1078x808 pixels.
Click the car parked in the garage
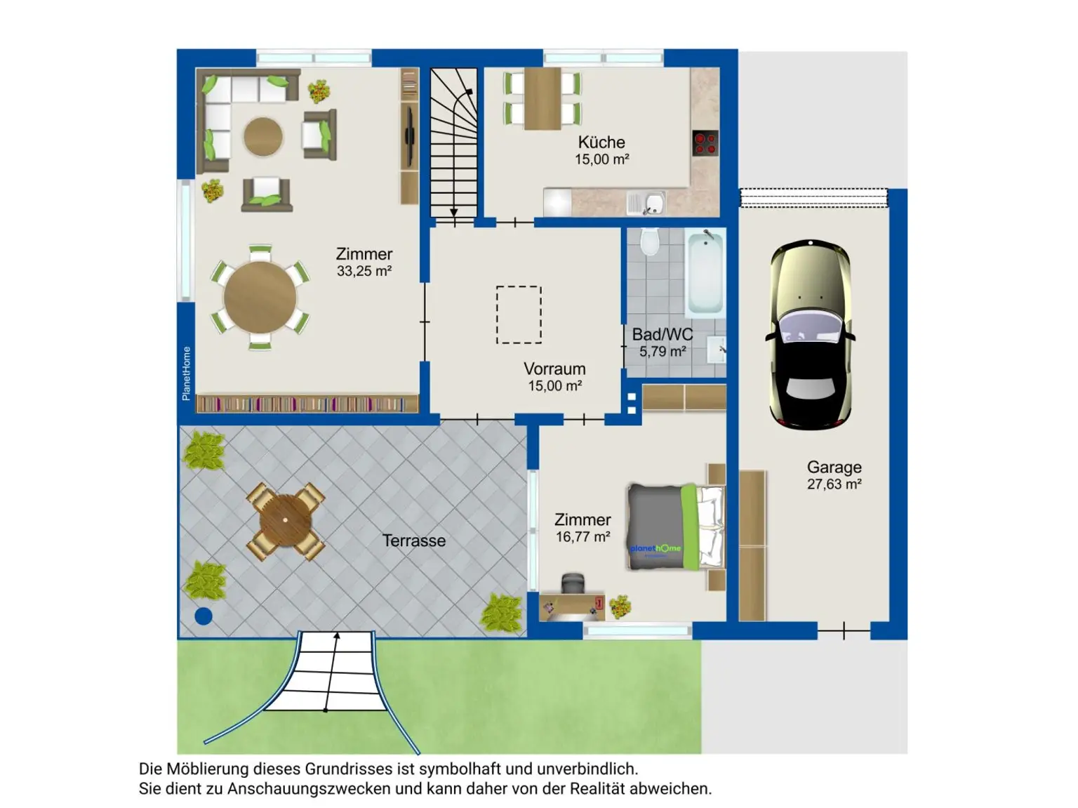811,335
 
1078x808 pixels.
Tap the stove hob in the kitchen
705,143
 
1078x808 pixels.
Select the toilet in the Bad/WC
650,241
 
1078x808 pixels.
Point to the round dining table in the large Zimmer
260,297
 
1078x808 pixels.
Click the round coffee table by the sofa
263,136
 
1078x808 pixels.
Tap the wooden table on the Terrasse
286,521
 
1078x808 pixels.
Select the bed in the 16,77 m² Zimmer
676,527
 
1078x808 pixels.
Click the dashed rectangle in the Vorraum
519,315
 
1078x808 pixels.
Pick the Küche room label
601,143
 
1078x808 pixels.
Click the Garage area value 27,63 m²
834,484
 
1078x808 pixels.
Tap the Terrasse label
414,541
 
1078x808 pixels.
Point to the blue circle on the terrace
204,616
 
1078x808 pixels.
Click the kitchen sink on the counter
646,204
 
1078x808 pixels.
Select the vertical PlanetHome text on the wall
186,373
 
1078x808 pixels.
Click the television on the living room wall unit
408,136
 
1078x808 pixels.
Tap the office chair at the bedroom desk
572,584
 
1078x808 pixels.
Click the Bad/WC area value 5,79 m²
663,352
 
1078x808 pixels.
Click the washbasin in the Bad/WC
717,349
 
